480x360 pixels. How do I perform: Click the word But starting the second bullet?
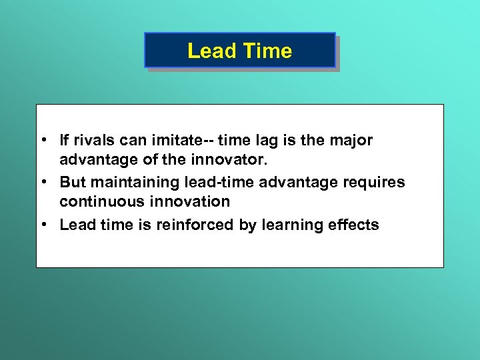tap(73, 182)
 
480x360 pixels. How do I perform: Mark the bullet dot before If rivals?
tap(43, 141)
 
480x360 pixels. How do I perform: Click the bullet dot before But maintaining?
tap(43, 182)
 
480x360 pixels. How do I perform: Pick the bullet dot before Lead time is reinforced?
tap(43, 225)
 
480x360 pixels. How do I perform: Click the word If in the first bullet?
tap(65, 141)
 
